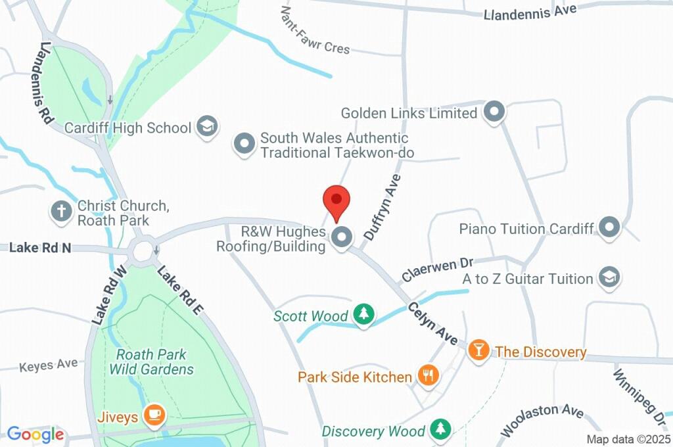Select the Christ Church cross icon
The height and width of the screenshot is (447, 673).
click(x=61, y=212)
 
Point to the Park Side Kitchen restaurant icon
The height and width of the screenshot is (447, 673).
click(x=429, y=376)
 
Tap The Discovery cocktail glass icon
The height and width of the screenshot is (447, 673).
click(x=478, y=350)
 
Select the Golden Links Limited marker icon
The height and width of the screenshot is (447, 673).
click(x=494, y=112)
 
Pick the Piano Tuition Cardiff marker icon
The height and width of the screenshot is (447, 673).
click(x=611, y=228)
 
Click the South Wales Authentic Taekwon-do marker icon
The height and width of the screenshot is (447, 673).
click(x=244, y=144)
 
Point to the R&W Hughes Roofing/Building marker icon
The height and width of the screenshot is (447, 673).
click(x=341, y=238)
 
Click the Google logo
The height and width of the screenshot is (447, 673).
click(x=35, y=434)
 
